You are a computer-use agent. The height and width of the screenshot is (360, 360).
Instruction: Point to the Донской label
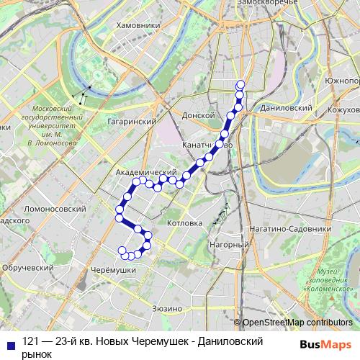[x=199, y=114]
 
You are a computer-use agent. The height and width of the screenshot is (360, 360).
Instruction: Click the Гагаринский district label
[x=132, y=122]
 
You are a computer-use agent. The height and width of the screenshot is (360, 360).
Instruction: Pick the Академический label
[x=146, y=174]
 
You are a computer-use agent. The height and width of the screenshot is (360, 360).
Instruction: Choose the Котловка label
[x=185, y=224]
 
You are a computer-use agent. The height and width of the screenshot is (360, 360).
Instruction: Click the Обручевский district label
[x=28, y=267]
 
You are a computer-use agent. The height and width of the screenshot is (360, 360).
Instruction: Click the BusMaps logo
[x=325, y=345]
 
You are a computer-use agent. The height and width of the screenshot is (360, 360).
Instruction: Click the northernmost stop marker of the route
[x=240, y=85]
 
